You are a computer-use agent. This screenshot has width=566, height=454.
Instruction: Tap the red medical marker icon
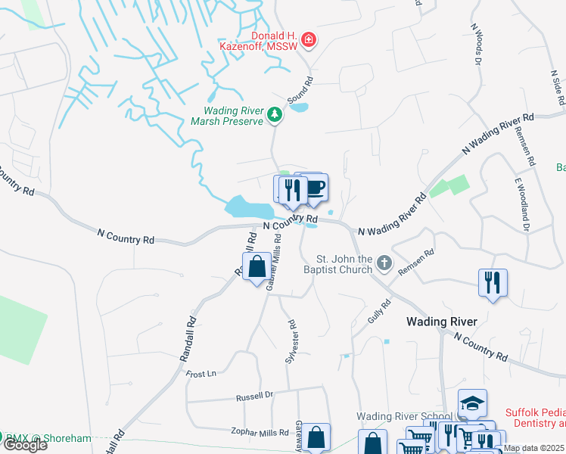point(308,40)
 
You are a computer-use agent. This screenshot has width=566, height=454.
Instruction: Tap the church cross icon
point(384,263)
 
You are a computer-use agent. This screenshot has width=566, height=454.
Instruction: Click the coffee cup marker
point(314,188)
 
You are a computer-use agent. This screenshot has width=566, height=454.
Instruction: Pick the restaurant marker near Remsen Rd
point(493,283)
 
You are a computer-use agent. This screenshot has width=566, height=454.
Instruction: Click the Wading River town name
point(442,322)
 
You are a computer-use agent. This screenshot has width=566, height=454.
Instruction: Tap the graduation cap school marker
point(472,403)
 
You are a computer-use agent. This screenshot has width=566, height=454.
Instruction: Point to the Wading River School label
point(404,416)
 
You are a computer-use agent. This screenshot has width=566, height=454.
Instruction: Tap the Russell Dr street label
point(253,396)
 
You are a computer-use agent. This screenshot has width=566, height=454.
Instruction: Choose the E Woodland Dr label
point(521,204)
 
